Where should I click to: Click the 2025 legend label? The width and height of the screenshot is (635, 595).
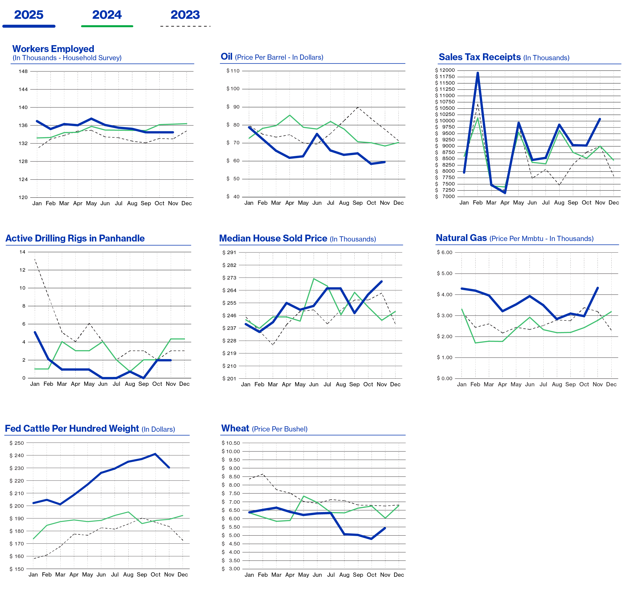coord(29,15)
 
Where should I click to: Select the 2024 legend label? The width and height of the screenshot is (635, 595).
coord(107,15)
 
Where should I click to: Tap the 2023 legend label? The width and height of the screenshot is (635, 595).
coord(185,15)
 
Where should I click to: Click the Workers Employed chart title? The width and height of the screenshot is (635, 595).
coord(53,49)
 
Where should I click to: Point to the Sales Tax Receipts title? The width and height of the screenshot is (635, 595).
coord(480,57)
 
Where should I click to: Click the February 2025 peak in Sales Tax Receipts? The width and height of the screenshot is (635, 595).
coord(478,73)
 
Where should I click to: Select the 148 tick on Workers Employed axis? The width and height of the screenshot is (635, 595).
coord(23,71)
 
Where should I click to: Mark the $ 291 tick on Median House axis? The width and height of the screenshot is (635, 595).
coord(229,252)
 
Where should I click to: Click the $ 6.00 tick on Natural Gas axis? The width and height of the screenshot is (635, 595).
coord(444,252)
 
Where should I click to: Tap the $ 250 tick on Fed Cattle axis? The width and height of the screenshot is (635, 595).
coord(17,443)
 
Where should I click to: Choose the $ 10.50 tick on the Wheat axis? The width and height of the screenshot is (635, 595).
coord(231,443)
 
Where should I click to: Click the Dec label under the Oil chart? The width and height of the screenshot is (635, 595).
coord(398,203)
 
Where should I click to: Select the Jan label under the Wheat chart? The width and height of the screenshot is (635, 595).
coord(249,575)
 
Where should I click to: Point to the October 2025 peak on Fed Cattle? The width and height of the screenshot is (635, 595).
coord(155,454)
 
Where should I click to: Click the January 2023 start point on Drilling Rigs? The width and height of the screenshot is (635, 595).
coord(34,259)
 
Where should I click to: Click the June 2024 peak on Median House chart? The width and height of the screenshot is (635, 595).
coord(314,279)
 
